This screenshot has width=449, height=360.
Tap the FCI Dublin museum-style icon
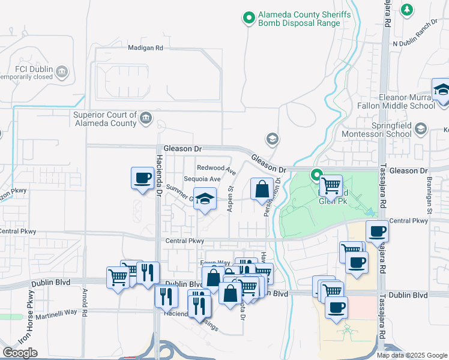pyautogui.click(x=61, y=73)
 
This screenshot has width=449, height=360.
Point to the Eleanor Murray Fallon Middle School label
pyautogui.click(x=406, y=101)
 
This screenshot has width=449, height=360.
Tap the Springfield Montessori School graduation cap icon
pyautogui.click(x=421, y=129)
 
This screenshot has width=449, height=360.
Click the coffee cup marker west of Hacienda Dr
pyautogui.click(x=142, y=178)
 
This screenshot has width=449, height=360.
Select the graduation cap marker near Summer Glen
pyautogui.click(x=205, y=199)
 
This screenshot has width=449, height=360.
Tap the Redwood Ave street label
pyautogui.click(x=217, y=167)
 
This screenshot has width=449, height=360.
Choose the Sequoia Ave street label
pyautogui.click(x=202, y=179)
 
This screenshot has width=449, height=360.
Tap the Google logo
pyautogui.click(x=20, y=353)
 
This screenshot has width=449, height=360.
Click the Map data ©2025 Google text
pyautogui.click(x=412, y=355)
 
